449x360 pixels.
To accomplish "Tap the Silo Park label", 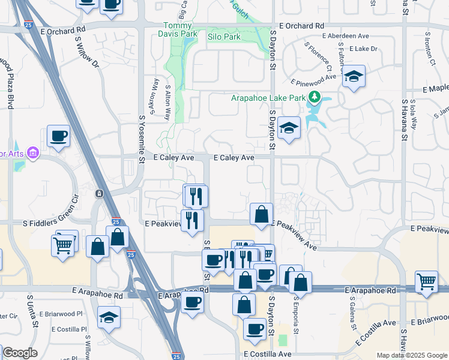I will point(223,37).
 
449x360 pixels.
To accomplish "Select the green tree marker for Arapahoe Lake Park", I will point(314,97).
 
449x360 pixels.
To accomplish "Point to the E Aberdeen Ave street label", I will point(346,36).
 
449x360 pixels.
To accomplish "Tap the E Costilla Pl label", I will point(69,329).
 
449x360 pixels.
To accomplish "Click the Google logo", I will point(20,353).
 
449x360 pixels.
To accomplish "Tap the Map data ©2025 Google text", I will point(412,355).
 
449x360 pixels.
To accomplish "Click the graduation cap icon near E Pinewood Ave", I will point(354,76).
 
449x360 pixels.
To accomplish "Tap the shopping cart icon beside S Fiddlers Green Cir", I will point(63,244).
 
